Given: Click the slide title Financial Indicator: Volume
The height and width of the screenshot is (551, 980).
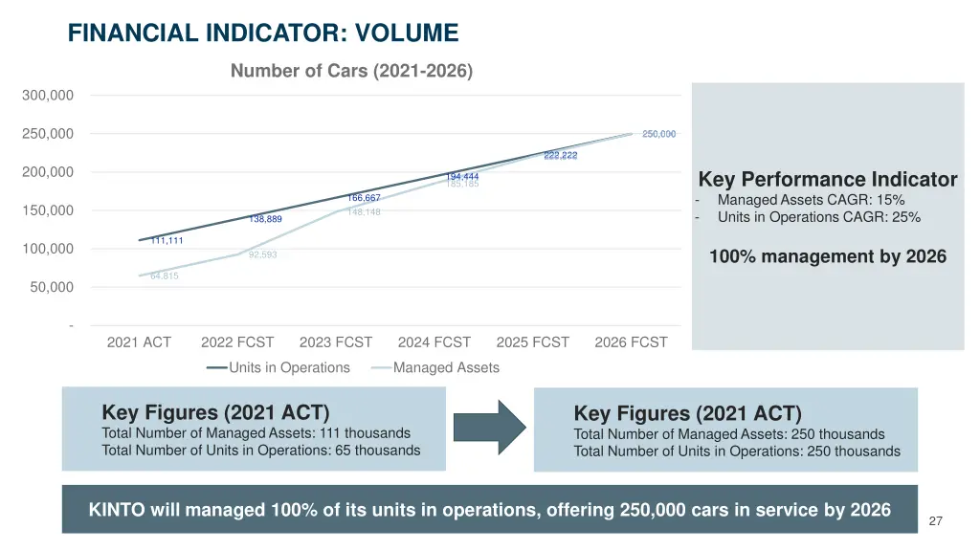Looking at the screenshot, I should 263,33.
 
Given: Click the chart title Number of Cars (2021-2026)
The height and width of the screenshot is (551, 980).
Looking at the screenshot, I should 351,71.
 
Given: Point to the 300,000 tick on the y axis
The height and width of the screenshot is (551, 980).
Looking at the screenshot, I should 48,95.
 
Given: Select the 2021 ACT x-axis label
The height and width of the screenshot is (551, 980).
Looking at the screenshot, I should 139,342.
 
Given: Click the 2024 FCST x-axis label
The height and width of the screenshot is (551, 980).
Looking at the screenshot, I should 434,342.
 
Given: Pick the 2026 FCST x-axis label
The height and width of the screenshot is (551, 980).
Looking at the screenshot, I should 631,342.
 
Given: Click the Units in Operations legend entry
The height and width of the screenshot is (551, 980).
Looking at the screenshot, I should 288,367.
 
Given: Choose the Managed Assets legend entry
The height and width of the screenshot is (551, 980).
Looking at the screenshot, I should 445,367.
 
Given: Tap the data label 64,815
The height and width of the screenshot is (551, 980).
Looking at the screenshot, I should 165,275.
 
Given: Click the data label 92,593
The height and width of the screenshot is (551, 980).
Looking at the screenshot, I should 262,254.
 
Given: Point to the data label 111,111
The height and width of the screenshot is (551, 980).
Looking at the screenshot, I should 167,240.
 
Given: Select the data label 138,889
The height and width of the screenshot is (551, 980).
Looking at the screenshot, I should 265,219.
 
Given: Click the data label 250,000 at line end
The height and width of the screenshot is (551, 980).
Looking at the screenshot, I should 658,134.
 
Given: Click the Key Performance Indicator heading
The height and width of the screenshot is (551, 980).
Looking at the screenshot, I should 828,180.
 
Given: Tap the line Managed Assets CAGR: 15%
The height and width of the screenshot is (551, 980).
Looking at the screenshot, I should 811,200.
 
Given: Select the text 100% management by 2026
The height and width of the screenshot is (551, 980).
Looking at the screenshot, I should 828,256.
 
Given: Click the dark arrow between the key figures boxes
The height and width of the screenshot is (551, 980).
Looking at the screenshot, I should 489,428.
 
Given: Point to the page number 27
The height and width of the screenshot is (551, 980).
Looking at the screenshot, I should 935,521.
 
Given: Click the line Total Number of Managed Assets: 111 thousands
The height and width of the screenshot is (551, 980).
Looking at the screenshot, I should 256,433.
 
